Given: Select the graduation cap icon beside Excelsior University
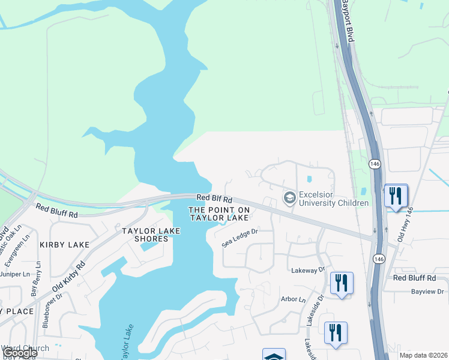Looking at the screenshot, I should [290, 197].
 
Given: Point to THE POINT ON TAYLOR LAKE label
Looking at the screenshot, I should [218, 214].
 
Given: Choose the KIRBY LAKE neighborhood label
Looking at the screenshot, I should [64, 245].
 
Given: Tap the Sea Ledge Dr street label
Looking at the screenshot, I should [240, 238].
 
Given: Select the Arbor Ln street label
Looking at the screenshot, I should [293, 299].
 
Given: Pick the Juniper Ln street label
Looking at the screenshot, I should [15, 274].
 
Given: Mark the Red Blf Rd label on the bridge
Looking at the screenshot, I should [214, 197].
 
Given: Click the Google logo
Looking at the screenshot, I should [19, 353].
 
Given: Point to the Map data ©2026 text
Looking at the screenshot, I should [423, 355].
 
